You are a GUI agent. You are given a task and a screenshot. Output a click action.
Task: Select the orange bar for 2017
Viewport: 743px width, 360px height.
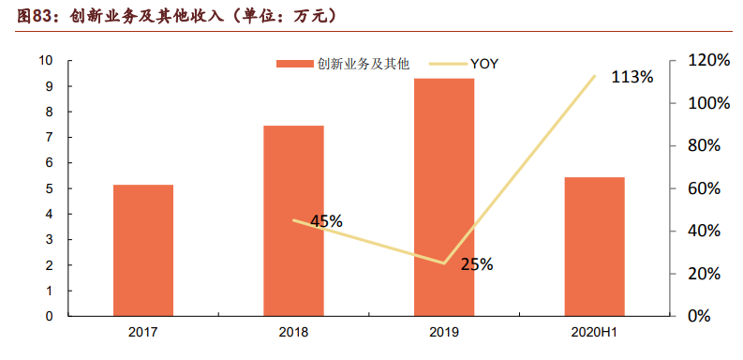143,250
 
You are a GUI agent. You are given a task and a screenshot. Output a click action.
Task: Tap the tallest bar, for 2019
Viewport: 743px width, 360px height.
444,197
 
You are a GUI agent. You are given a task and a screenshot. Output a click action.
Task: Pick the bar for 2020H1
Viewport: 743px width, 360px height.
594,247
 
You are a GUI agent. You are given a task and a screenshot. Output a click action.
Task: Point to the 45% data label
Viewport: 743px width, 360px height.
326,221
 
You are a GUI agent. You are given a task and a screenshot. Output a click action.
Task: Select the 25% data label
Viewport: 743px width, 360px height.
477,264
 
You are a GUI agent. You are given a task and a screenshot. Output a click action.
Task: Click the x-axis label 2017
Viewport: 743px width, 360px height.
143,332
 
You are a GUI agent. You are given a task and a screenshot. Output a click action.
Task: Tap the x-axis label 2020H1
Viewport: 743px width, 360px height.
594,332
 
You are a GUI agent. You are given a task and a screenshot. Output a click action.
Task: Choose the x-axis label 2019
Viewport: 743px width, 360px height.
444,332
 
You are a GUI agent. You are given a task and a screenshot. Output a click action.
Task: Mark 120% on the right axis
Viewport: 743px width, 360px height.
708,61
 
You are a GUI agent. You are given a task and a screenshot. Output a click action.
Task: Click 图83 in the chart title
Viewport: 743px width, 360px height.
27,17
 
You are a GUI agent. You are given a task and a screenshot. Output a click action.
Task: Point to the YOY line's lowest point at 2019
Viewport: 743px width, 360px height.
444,263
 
